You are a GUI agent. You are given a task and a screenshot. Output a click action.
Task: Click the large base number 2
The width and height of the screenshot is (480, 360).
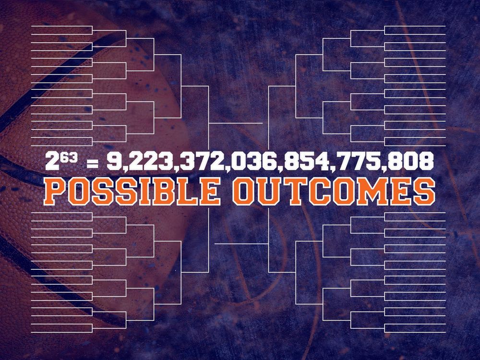[x=52, y=161]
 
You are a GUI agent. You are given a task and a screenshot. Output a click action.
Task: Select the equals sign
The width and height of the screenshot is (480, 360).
[x=93, y=163]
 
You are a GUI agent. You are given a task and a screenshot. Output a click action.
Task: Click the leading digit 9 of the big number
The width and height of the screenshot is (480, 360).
[x=114, y=161]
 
